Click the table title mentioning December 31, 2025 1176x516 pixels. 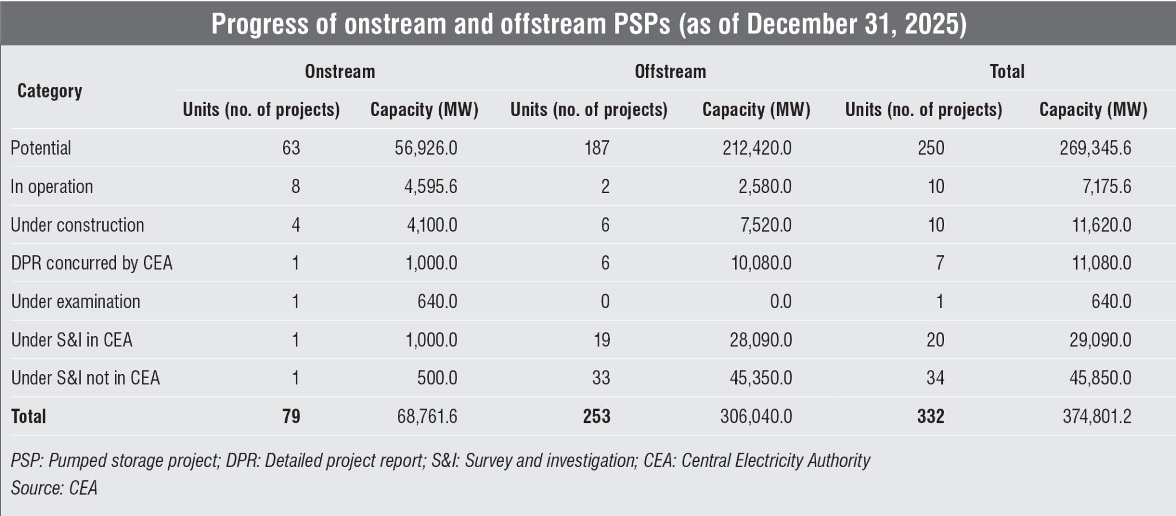coord(588,24)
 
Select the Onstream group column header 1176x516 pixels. coord(339,72)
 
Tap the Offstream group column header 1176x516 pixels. coord(670,72)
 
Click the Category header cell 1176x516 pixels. coord(49,91)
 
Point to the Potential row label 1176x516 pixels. coord(41,148)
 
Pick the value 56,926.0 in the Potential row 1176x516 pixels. coord(425,148)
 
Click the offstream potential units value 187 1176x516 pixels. coord(597,148)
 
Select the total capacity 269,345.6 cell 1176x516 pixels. coord(1095,148)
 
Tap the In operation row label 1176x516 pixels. coord(52,187)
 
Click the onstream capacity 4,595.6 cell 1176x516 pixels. coord(430,187)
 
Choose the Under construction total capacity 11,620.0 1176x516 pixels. coord(1101,225)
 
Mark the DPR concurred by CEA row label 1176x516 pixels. coord(92,263)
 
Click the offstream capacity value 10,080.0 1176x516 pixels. coord(761,263)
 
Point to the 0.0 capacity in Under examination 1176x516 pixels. coord(780,302)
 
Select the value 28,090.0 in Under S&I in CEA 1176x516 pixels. coord(761,340)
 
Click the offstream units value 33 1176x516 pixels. coord(601,378)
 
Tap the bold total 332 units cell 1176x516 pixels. coord(930,417)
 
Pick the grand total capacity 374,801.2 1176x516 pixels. coord(1097,417)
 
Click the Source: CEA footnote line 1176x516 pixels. coord(54,488)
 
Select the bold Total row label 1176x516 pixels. coord(29,417)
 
